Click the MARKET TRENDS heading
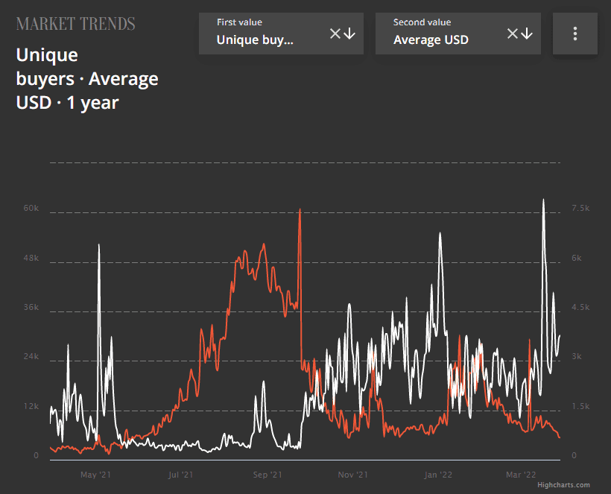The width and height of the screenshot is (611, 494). coord(75,24)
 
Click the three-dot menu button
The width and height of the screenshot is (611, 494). coord(574,34)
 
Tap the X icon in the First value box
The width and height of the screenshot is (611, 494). coord(335,34)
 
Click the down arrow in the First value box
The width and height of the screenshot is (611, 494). coord(349,34)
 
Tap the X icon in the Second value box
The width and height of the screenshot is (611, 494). coord(513,34)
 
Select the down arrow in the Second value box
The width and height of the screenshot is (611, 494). coord(527,34)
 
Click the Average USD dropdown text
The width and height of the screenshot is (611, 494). coord(431,40)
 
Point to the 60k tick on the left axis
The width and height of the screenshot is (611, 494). coord(31,209)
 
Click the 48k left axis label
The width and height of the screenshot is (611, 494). coord(31,259)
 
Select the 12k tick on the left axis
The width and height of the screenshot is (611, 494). coord(31,406)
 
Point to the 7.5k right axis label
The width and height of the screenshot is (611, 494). coord(580,209)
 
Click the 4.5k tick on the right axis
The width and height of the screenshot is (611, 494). coord(580,308)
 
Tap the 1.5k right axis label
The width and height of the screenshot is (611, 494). coord(580,406)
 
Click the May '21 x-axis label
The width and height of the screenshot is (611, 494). coord(95,474)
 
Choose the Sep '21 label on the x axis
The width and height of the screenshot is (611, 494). coord(267,474)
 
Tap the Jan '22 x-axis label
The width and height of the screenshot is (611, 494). coord(438,474)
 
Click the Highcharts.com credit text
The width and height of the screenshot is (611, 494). coord(563,485)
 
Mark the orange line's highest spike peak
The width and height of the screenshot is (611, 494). coord(300,209)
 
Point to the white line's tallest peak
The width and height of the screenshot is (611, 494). coord(543,200)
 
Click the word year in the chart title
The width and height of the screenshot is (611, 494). coord(100,103)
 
